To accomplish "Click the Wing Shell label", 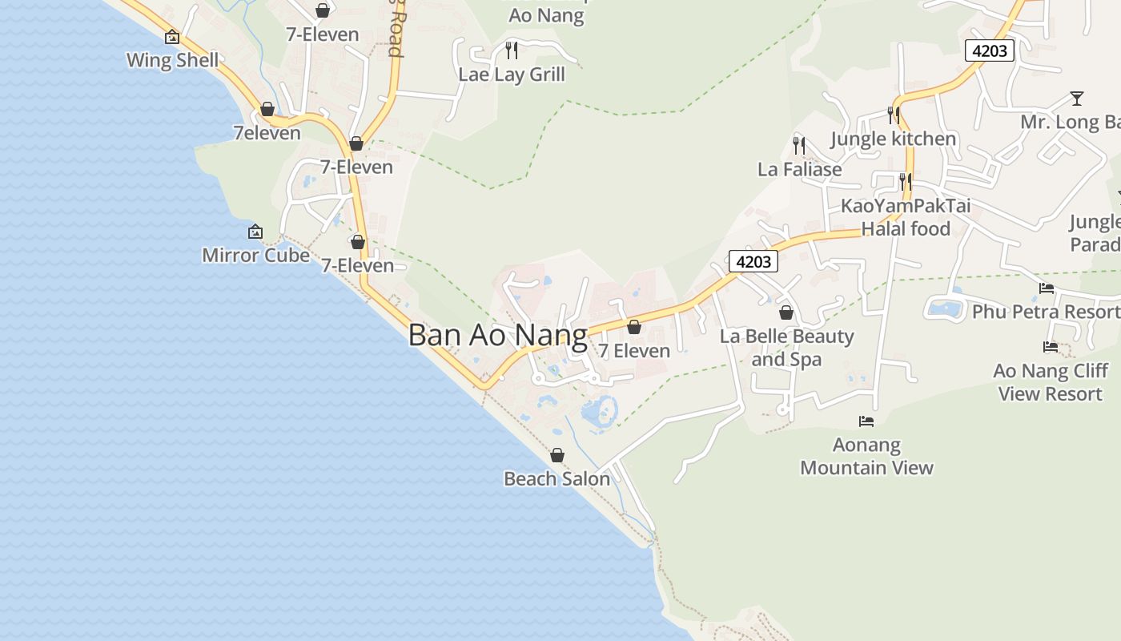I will click(x=172, y=61).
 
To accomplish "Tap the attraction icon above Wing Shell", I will click(x=172, y=37).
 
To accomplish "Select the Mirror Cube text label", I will click(x=255, y=256).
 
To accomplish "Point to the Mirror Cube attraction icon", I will click(x=255, y=232).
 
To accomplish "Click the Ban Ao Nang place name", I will click(x=497, y=335).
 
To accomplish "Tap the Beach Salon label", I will click(x=556, y=479).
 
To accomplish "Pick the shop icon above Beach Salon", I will click(x=557, y=455).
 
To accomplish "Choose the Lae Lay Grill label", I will click(x=512, y=75).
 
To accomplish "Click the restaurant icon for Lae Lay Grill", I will click(x=512, y=50).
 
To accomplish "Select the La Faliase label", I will click(x=799, y=170).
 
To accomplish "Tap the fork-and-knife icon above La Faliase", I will click(x=799, y=145).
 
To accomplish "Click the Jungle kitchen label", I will click(x=893, y=139).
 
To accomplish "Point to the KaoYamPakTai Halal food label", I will click(x=906, y=217).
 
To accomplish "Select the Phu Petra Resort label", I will click(x=1046, y=312).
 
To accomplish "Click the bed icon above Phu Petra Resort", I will click(x=1047, y=288).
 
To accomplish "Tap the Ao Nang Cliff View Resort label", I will click(x=1050, y=382).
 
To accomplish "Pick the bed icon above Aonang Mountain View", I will click(x=866, y=421).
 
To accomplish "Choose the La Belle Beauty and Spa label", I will click(x=786, y=348).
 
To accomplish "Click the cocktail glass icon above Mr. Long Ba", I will click(x=1077, y=99).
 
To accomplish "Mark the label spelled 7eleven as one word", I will click(x=267, y=133).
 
